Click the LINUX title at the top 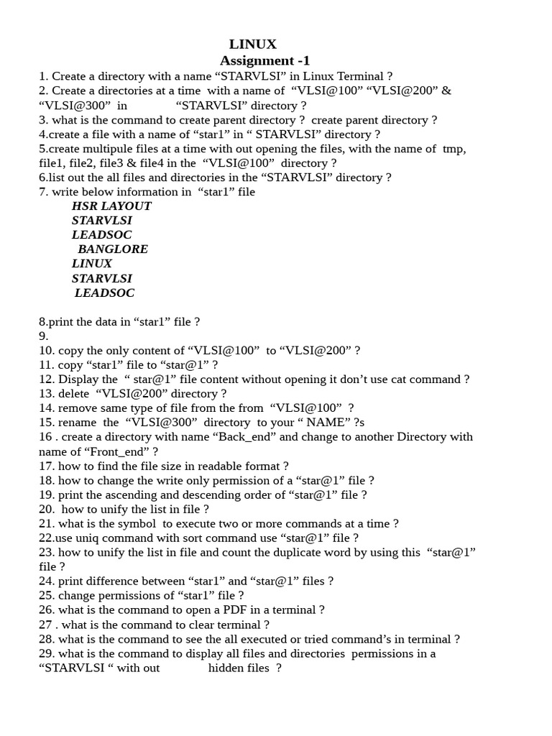pos(252,45)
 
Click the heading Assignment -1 pos(264,60)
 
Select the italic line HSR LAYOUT pos(111,206)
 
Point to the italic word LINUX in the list pos(92,264)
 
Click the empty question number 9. pos(43,336)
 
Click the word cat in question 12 pos(410,379)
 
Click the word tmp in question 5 pos(454,149)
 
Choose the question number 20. pos(46,510)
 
